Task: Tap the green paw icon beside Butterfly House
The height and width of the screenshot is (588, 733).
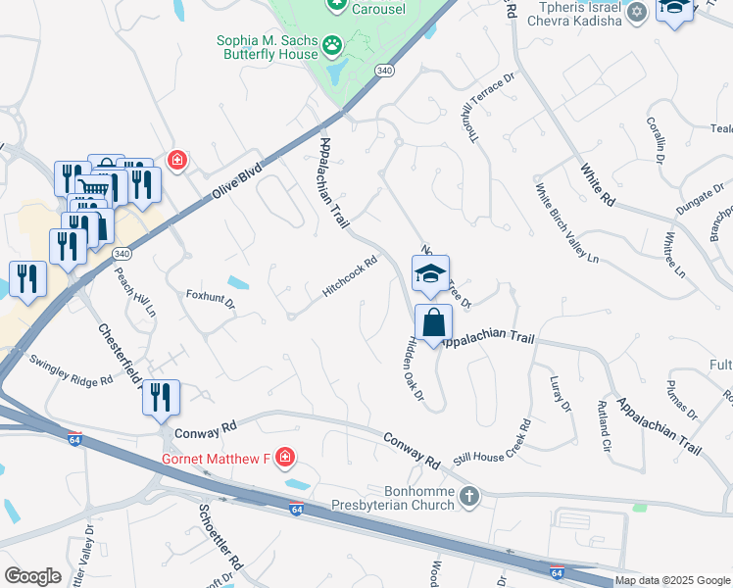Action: click(333, 44)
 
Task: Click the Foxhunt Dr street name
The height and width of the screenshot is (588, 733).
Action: click(211, 298)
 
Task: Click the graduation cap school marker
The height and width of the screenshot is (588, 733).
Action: click(430, 274)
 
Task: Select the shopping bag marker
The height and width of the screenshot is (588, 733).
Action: click(433, 321)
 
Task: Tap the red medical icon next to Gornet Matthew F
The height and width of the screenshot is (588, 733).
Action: click(284, 457)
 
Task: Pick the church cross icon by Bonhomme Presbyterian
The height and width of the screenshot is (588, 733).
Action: click(469, 496)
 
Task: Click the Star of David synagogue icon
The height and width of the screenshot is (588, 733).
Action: click(638, 12)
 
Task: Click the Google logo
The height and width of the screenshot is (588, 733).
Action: click(32, 576)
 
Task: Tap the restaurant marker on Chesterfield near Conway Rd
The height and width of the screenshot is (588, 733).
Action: click(161, 397)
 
